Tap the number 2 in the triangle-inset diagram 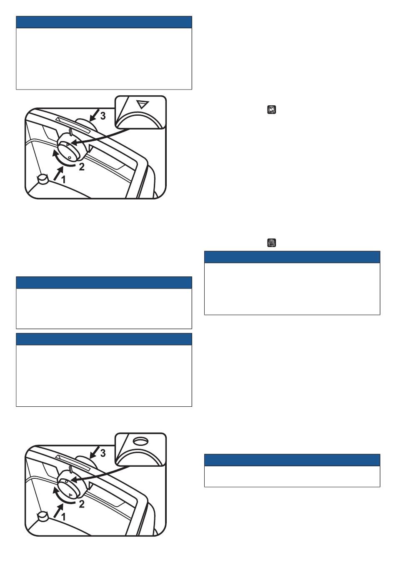(x=82, y=168)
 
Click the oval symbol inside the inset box (x=140, y=440)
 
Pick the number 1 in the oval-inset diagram (x=64, y=516)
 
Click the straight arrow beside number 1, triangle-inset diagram (x=58, y=172)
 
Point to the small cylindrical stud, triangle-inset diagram (x=42, y=179)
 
